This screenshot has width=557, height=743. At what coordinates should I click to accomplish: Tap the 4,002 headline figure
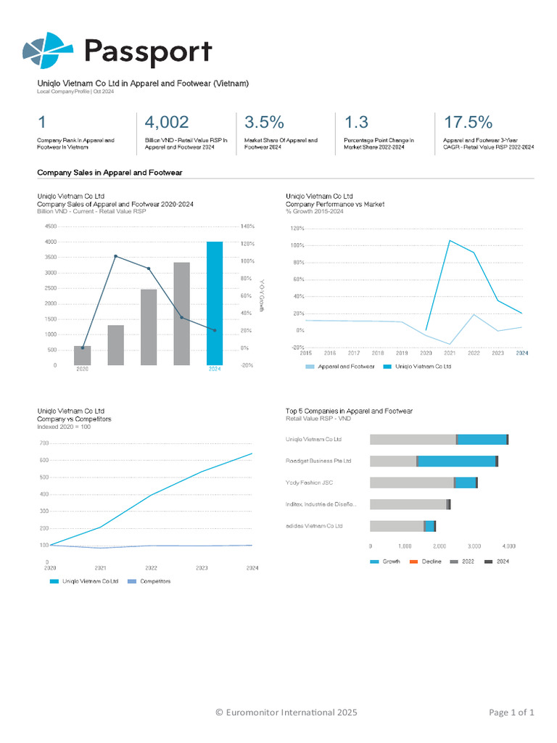point(167,122)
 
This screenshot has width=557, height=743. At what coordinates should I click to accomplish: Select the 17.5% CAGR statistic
point(468,122)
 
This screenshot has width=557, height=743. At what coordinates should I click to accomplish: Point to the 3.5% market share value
point(264,122)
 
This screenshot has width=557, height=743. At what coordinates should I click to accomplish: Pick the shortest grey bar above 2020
point(83,356)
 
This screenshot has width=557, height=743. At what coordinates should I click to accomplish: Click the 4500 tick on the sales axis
point(51,226)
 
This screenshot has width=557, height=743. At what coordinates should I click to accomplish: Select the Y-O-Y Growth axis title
point(262,296)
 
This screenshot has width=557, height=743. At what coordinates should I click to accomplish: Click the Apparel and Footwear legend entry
point(345,366)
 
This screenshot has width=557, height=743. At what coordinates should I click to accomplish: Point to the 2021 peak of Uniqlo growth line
point(450,240)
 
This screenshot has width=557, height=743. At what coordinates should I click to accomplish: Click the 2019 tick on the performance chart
point(402,353)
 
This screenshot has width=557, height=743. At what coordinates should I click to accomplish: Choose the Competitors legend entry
point(154,581)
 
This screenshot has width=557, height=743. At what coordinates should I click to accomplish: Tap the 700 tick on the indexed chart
point(44,443)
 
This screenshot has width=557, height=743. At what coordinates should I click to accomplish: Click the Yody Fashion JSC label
point(309,483)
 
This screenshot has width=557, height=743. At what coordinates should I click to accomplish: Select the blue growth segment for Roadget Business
point(457,461)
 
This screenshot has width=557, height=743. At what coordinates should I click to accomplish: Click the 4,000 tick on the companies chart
point(509,546)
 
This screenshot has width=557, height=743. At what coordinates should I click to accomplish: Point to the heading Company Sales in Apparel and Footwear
point(110,172)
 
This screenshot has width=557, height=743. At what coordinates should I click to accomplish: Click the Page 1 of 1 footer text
point(511,713)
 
